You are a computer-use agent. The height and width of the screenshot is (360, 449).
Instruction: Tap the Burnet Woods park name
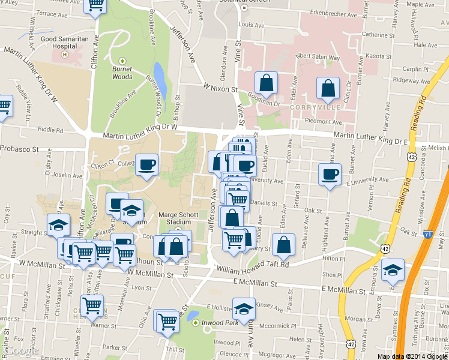click(122, 73)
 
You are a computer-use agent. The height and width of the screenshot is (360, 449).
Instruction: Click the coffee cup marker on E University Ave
click(329, 175)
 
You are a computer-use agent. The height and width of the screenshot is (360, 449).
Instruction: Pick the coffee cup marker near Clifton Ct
click(147, 165)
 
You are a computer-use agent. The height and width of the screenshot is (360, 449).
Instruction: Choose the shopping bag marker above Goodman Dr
click(266, 83)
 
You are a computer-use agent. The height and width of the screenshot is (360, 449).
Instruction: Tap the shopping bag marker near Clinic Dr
click(328, 89)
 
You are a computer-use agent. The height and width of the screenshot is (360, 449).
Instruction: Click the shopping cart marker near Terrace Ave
click(95, 5)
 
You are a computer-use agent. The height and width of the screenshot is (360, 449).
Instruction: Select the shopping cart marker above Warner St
click(92, 306)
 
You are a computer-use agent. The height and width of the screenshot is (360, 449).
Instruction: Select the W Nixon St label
click(220, 89)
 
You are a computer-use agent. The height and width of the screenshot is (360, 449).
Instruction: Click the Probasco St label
click(19, 148)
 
